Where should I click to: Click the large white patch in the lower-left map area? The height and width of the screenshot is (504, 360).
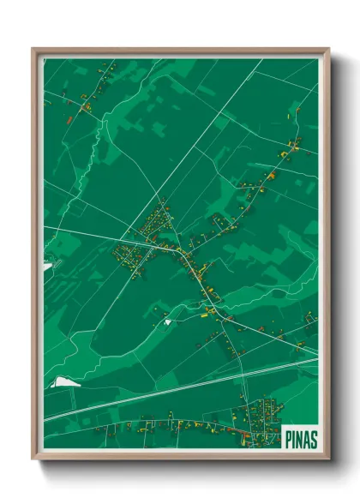63,381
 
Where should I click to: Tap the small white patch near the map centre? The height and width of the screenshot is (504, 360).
168,321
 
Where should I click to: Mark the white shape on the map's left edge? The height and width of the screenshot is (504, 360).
47,267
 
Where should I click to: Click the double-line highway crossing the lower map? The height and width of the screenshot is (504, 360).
171,391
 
